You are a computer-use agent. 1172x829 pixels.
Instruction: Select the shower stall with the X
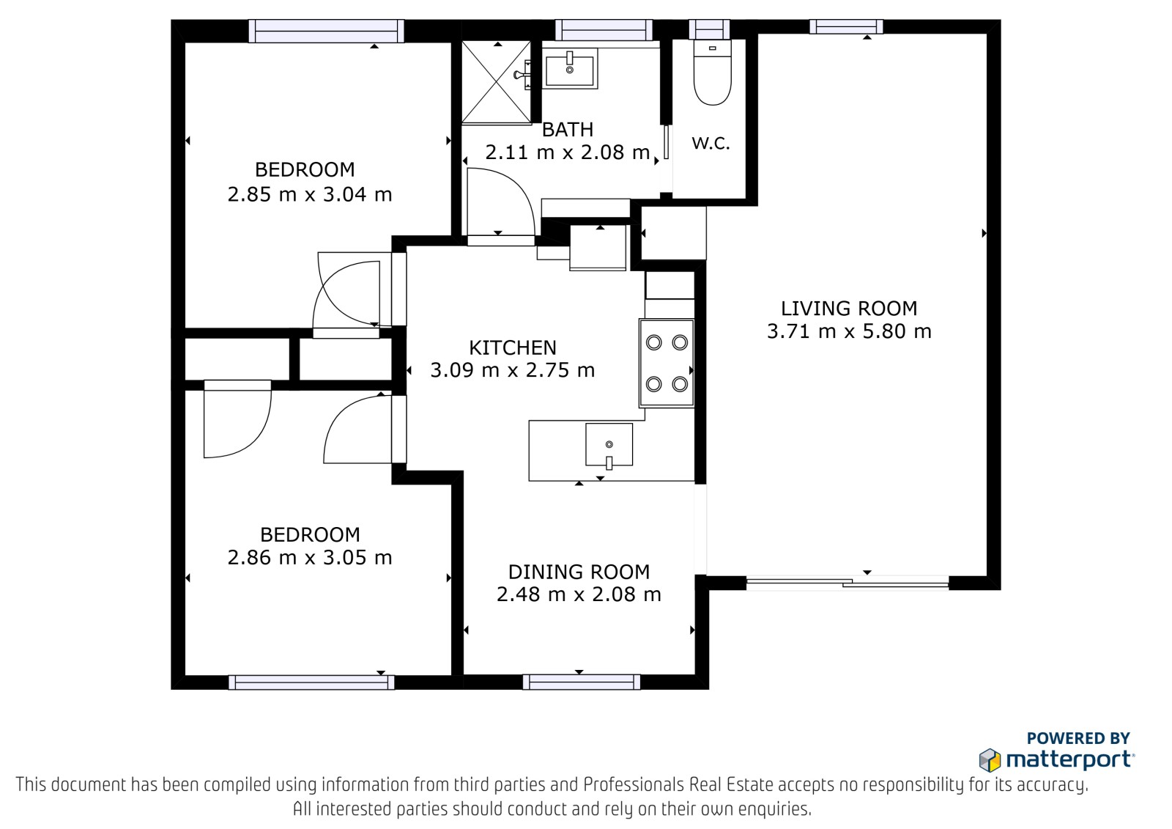[496, 82]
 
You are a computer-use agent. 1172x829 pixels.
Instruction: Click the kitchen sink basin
[609, 444]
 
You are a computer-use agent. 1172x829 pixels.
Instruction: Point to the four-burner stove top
[667, 364]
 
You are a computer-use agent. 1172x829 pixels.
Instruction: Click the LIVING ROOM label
[849, 309]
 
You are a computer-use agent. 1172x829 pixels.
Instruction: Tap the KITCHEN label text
[512, 347]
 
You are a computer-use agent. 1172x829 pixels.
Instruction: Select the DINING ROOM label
[579, 572]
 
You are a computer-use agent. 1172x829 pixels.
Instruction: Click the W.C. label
[711, 143]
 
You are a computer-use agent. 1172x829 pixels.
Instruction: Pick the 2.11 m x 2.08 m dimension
[567, 152]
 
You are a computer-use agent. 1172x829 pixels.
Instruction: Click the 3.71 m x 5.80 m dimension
[849, 331]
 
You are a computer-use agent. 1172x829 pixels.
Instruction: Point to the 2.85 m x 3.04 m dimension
[310, 195]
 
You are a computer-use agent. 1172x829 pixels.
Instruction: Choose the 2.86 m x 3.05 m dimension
[310, 557]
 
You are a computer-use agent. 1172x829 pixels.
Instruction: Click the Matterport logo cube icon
[990, 760]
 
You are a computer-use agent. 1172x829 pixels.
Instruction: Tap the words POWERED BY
[1078, 738]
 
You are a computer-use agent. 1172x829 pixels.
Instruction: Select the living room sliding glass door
[848, 582]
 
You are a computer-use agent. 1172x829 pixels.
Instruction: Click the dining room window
[582, 682]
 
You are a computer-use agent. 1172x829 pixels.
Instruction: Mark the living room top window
[846, 26]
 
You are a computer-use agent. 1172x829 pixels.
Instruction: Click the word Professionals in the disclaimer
[634, 784]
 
